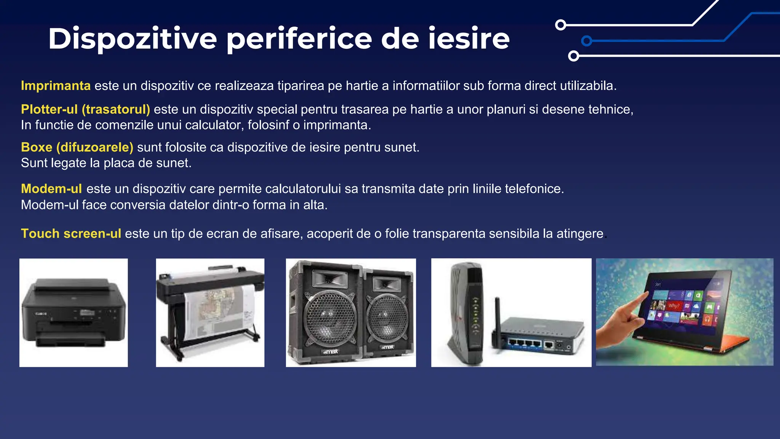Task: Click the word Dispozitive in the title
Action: pos(133,39)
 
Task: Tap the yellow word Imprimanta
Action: pos(56,86)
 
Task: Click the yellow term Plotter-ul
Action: pos(49,109)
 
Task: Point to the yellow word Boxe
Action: pos(37,147)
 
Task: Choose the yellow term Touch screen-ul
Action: pos(71,234)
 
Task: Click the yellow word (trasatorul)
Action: pos(116,109)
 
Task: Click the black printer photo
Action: pos(74,312)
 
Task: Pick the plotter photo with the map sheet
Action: pos(210,312)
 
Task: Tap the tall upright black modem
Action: pos(467,312)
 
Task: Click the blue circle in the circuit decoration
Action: pos(587,41)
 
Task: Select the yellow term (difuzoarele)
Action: pos(95,147)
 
